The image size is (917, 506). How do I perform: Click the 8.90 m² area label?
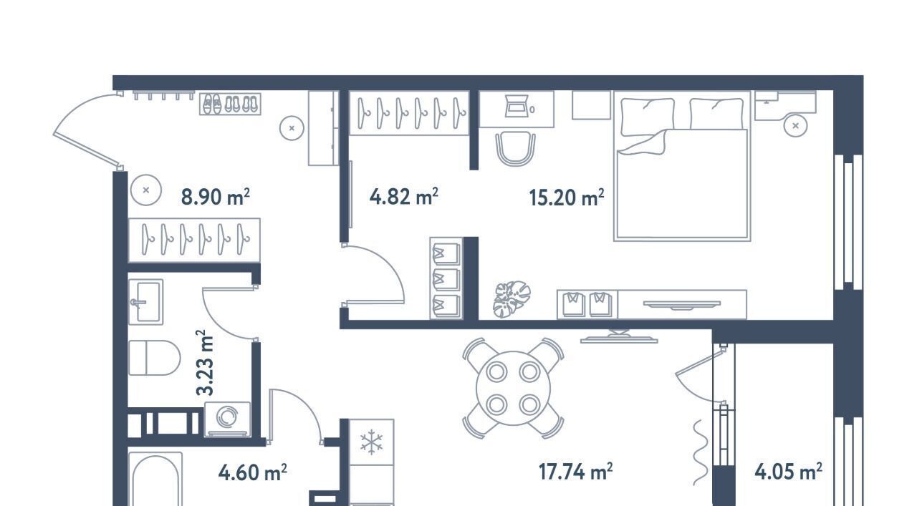point(216,197)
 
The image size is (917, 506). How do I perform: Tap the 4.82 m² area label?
point(403,196)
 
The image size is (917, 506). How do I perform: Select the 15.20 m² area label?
point(567,198)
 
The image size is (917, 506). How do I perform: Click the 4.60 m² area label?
point(253,472)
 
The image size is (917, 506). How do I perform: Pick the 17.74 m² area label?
point(575,472)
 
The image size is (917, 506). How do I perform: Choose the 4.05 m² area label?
point(789,472)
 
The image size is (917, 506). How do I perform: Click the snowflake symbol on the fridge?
point(371,442)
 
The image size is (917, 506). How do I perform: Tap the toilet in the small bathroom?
point(154,358)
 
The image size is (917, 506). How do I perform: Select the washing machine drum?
point(227,417)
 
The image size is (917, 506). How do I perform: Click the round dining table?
point(514,388)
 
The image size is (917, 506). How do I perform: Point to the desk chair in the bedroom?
point(515,148)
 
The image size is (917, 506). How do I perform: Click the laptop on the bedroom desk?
point(516,106)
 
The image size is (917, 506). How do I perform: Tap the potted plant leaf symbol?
point(512,299)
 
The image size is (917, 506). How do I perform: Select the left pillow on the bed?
point(648,117)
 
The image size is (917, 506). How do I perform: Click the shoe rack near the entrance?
point(230,104)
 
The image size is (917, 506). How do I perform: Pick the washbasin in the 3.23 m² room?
point(145,302)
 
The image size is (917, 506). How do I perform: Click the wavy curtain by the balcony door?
point(701,453)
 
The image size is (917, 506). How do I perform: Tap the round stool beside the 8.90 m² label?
point(146,190)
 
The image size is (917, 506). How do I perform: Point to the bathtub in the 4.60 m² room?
point(155,480)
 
